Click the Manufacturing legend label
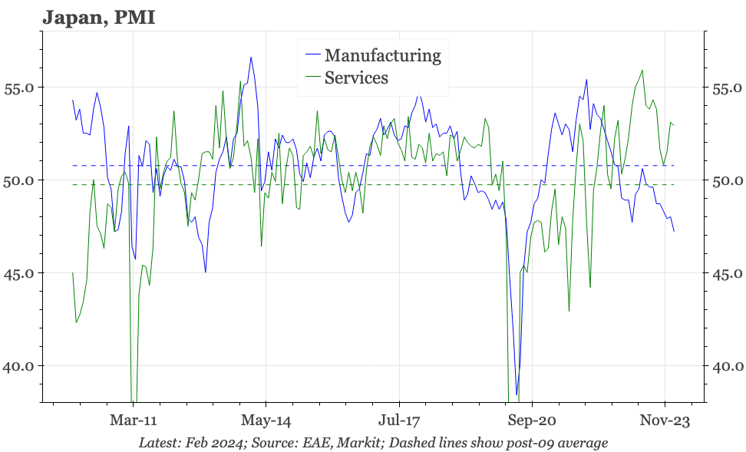click(x=382, y=55)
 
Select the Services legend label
click(x=356, y=78)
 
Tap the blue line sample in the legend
click(x=312, y=55)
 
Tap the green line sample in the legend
click(x=312, y=78)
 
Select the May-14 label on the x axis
click(x=266, y=421)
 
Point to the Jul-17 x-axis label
click(x=399, y=421)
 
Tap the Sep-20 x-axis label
click(x=532, y=421)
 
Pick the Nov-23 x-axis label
click(x=665, y=421)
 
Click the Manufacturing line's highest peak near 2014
click(x=250, y=57)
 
